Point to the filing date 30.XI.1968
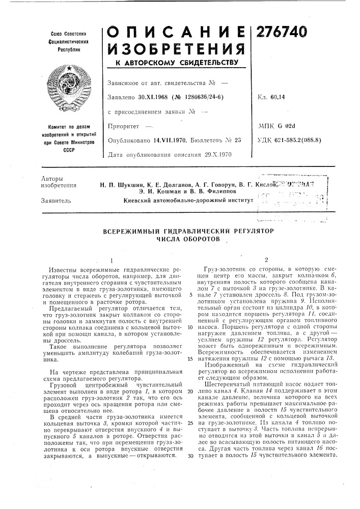[154, 96]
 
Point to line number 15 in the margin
[189, 358]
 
